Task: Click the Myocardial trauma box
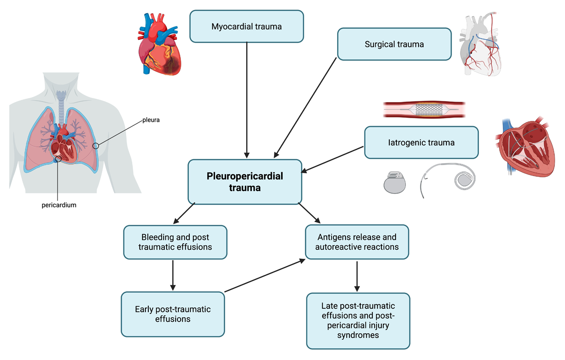click(246, 26)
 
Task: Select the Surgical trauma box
click(394, 44)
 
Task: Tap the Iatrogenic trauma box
click(421, 143)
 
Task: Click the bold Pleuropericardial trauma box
click(245, 182)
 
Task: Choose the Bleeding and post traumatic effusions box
click(175, 242)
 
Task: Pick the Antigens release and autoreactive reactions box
click(357, 242)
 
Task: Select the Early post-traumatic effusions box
click(173, 314)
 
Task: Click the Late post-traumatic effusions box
click(358, 320)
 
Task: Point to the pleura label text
click(151, 120)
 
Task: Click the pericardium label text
click(59, 205)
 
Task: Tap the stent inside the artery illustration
click(429, 110)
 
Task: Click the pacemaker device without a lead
click(395, 182)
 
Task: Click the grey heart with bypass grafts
click(480, 44)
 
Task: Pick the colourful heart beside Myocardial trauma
click(159, 44)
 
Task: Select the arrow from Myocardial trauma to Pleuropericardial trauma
click(247, 100)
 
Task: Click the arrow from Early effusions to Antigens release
click(265, 275)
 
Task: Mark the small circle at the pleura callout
click(96, 146)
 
